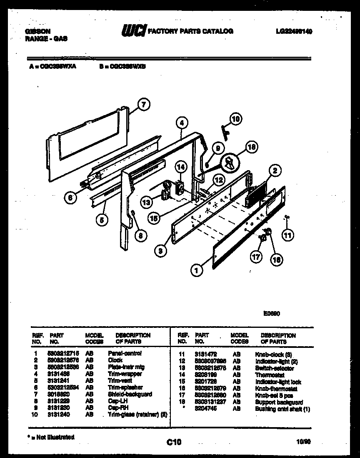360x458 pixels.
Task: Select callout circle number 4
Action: point(182,123)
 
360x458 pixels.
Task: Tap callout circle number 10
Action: point(235,119)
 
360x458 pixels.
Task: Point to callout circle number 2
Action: point(275,170)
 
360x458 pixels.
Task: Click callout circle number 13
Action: point(146,203)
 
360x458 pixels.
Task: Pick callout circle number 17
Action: point(257,257)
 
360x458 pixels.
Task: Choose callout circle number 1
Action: point(195,270)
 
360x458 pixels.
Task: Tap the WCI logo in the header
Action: point(133,30)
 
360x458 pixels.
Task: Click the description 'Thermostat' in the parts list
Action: point(270,375)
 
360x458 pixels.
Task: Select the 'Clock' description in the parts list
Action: point(115,360)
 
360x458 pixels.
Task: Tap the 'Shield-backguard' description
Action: point(130,394)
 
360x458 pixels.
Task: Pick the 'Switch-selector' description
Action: point(274,368)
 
